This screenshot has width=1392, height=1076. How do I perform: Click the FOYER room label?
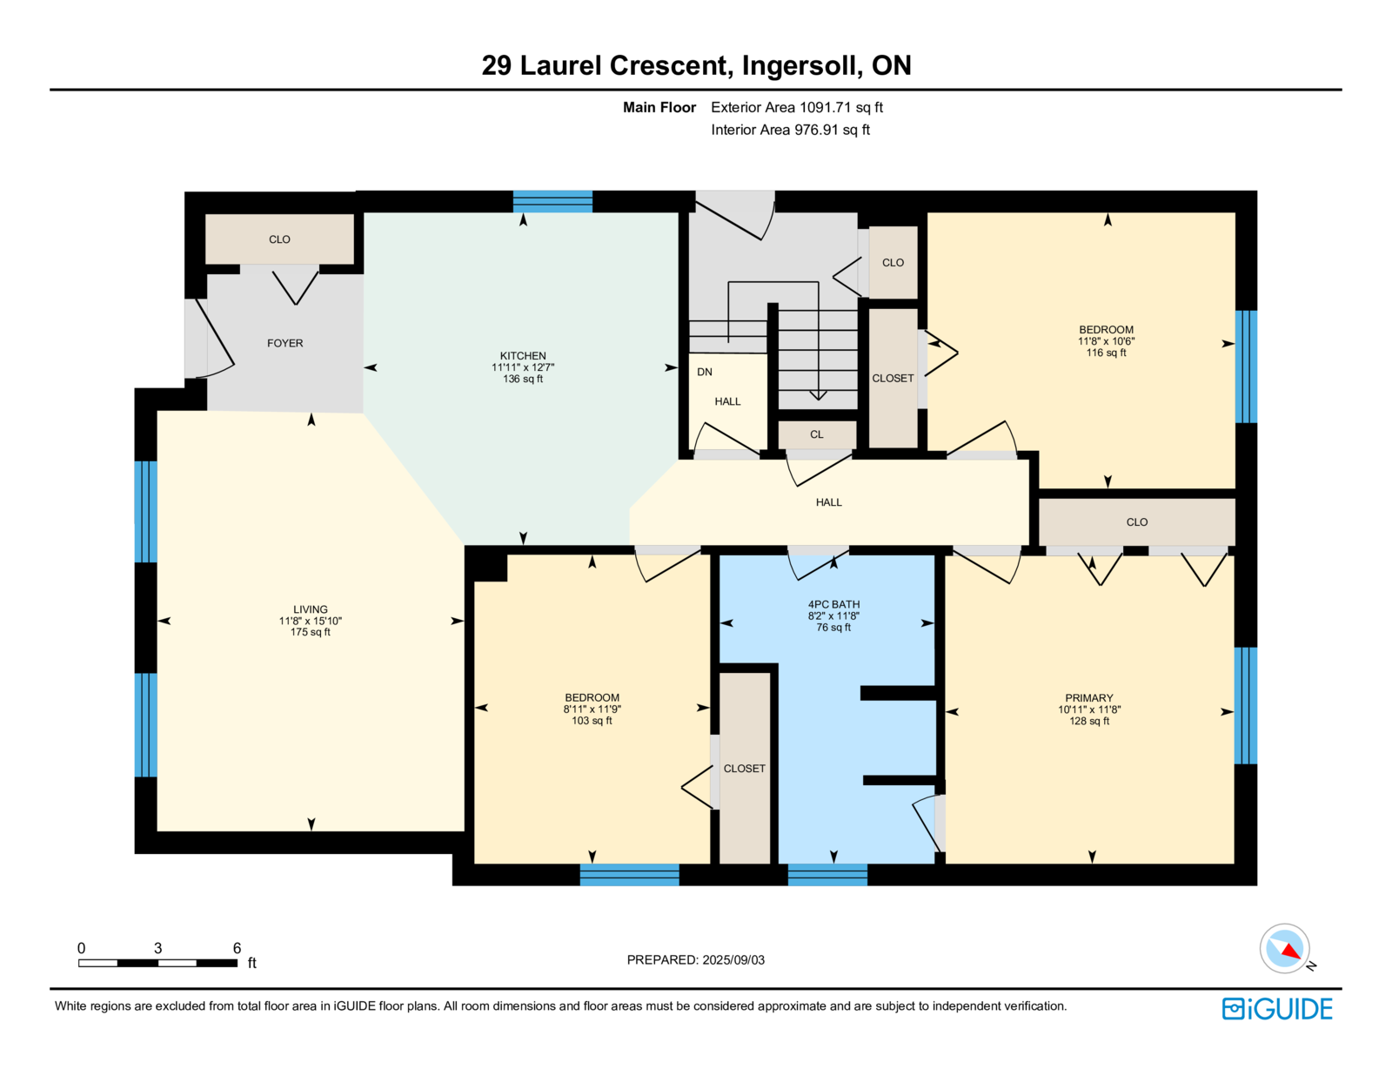click(284, 343)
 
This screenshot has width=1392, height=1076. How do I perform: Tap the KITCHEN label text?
click(523, 356)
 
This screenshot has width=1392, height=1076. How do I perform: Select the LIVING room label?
click(311, 609)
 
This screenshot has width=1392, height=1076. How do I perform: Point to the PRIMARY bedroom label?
click(1089, 698)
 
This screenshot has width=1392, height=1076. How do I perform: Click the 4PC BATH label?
click(833, 604)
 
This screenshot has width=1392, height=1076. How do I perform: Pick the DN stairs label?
click(705, 372)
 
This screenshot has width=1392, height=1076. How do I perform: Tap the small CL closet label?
click(816, 434)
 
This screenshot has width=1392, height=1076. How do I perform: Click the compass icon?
click(1285, 948)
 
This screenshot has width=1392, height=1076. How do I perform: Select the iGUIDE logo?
click(1277, 1008)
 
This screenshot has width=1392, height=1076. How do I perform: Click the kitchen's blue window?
click(552, 202)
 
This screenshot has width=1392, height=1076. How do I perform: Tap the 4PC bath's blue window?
click(827, 874)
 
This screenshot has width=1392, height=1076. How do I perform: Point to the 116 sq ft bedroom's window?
click(1246, 367)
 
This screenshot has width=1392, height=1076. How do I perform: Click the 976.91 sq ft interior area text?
click(790, 130)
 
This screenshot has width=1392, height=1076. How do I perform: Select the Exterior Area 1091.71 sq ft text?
click(797, 107)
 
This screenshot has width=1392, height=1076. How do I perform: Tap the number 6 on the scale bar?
click(237, 948)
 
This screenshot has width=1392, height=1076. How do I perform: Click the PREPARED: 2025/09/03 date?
click(696, 959)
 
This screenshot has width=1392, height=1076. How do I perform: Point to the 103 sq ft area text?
click(592, 721)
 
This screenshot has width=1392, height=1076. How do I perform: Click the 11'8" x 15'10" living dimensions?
click(311, 621)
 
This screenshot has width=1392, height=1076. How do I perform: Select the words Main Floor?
click(659, 107)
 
